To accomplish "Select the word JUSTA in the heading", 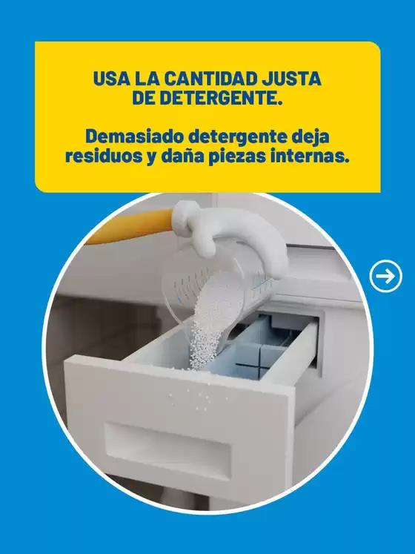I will click(x=293, y=77).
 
